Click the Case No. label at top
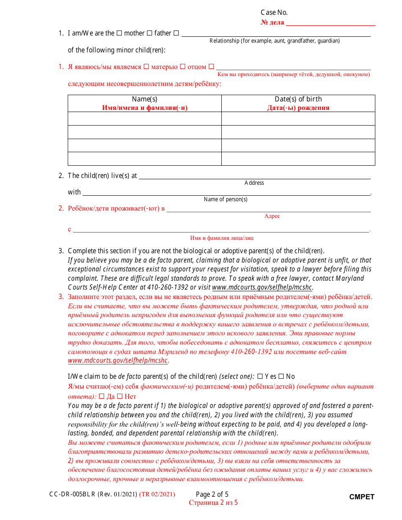pyautogui.click(x=274, y=13)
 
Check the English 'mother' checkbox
pyautogui.click(x=119, y=33)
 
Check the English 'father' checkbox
pyautogui.click(x=149, y=33)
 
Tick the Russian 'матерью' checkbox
pyautogui.click(x=146, y=66)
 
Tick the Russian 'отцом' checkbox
pyautogui.click(x=183, y=66)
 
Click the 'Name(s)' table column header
pyautogui.click(x=145, y=99)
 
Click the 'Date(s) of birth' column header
pyautogui.click(x=298, y=99)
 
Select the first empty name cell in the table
pyautogui.click(x=145, y=118)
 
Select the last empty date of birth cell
pyautogui.click(x=298, y=159)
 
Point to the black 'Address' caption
pyautogui.click(x=254, y=183)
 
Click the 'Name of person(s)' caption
pyautogui.click(x=226, y=200)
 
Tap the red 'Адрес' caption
pyautogui.click(x=272, y=216)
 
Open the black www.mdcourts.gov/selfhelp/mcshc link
pyautogui.click(x=262, y=287)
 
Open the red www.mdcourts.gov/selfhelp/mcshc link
pyautogui.click(x=118, y=361)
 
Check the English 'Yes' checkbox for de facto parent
pyautogui.click(x=260, y=376)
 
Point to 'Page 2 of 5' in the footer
pyautogui.click(x=212, y=494)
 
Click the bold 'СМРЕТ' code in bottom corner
pyautogui.click(x=362, y=497)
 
